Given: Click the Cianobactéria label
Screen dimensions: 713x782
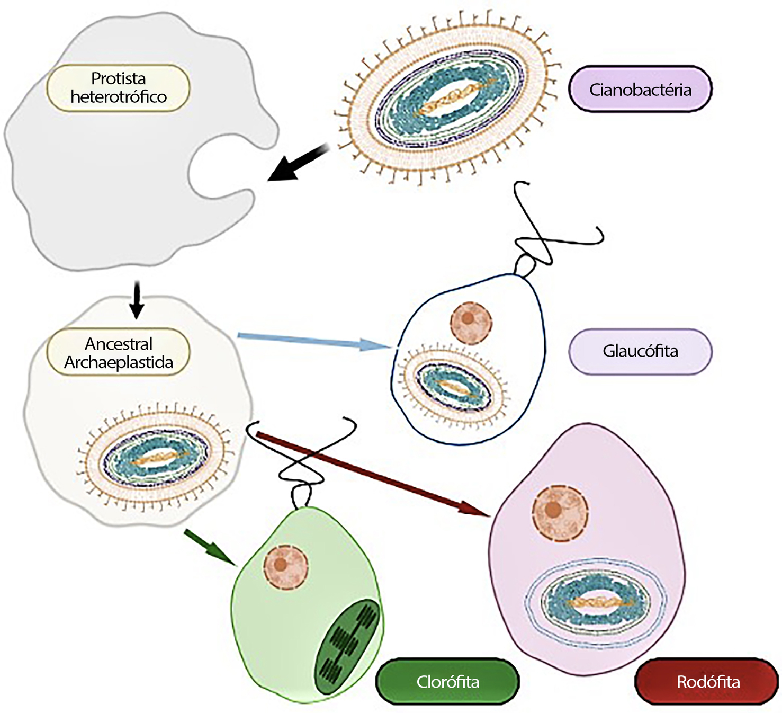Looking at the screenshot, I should pos(640,90).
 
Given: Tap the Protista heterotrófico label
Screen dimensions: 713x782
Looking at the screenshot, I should pos(118,87).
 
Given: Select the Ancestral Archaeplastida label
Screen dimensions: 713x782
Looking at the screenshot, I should pos(118,353).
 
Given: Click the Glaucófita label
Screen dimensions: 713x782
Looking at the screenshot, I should pos(640,351).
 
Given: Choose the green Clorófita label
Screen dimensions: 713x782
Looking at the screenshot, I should pos(447,682).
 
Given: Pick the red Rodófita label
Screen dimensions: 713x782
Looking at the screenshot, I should pos(708,682).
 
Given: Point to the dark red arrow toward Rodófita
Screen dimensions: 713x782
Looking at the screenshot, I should pos(371,473).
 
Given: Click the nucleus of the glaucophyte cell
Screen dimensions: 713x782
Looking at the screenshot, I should pos(470,321).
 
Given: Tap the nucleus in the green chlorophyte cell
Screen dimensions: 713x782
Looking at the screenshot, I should pos(285,566).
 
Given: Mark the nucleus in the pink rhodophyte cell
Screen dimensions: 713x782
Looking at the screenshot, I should pos(560,512).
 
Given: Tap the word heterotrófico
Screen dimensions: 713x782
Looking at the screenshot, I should pos(118,97).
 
